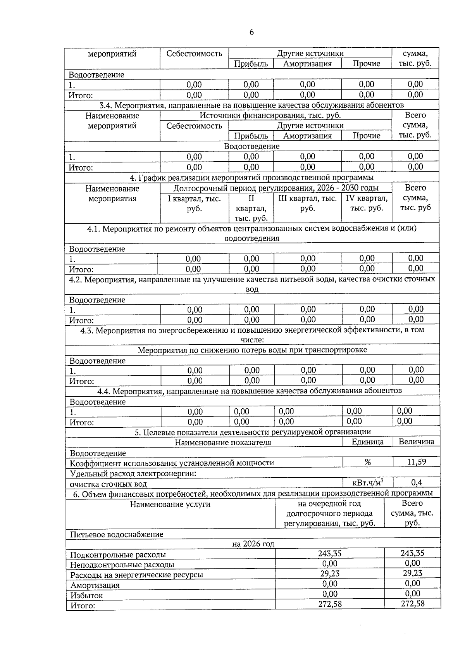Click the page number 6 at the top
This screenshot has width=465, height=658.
point(251,32)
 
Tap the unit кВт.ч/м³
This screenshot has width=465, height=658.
point(368,483)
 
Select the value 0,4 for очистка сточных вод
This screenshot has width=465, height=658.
point(416,483)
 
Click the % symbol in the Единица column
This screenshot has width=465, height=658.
point(367,462)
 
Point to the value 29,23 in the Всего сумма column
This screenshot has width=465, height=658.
point(412,573)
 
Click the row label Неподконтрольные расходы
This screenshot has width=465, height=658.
point(122,565)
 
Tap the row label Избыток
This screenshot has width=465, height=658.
point(86,596)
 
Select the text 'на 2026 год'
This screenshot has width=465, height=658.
point(253,544)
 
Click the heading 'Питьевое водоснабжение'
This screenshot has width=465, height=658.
point(117,534)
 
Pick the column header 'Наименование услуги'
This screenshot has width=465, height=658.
point(170,504)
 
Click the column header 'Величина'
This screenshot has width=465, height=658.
point(416,441)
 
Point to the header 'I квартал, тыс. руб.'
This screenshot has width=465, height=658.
point(194,204)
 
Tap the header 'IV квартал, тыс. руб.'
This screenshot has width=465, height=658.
point(367,203)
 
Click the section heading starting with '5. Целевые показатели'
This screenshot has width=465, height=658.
point(253,432)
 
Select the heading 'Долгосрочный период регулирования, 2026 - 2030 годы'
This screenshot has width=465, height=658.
point(276,188)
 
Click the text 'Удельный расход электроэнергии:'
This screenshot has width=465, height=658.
point(133,473)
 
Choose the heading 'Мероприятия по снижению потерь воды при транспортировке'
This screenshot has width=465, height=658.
point(252,350)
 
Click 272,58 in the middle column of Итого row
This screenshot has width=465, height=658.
point(330,604)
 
